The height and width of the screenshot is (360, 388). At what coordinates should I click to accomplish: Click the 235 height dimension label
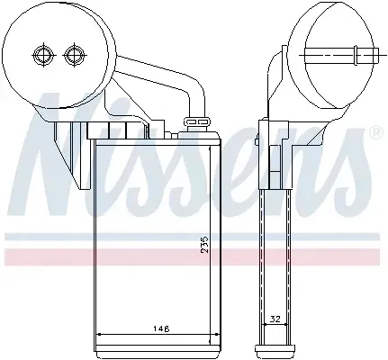204,244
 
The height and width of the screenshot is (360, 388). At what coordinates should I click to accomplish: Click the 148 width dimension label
161,328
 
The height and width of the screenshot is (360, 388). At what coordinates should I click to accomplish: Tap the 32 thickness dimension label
275,319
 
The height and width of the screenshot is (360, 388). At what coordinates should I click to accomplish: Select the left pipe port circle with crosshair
43,55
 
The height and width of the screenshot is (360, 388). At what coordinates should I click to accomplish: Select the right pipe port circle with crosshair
74,55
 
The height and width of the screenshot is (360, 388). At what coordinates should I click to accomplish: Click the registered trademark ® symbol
376,133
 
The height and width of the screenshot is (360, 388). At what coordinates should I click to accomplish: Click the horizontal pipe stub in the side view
341,55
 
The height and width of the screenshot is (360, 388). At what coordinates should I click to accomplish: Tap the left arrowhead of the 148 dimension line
99,334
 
